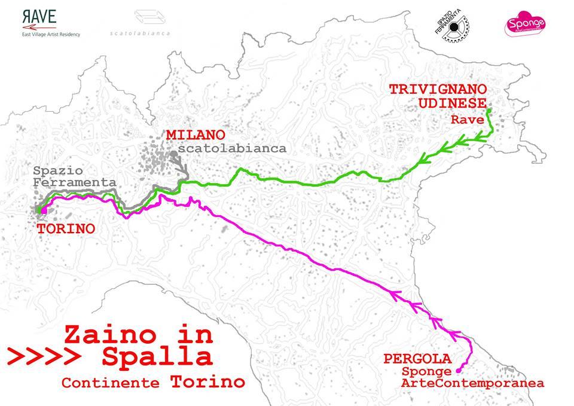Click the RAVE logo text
pos(40,17)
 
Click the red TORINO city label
pos(66,228)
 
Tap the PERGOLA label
pos(417,359)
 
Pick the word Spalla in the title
pos(157,356)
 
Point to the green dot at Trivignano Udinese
pos(488,111)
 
